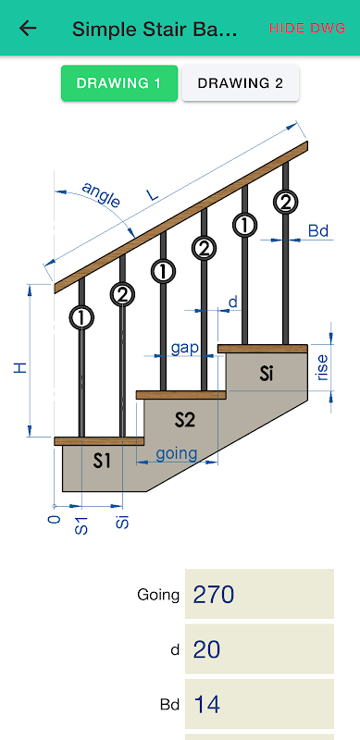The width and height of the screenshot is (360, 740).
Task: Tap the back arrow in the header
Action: [28, 29]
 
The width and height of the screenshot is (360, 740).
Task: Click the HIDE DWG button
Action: [307, 29]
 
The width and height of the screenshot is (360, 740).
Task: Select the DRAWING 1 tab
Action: [119, 83]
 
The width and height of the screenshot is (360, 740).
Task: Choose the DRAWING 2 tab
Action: [241, 83]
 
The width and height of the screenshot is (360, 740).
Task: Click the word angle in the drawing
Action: [102, 194]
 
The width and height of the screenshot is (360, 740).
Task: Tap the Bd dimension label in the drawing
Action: [318, 231]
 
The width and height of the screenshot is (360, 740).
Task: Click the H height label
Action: [19, 368]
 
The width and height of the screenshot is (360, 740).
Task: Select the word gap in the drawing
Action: [185, 349]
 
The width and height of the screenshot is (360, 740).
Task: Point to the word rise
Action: [323, 367]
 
